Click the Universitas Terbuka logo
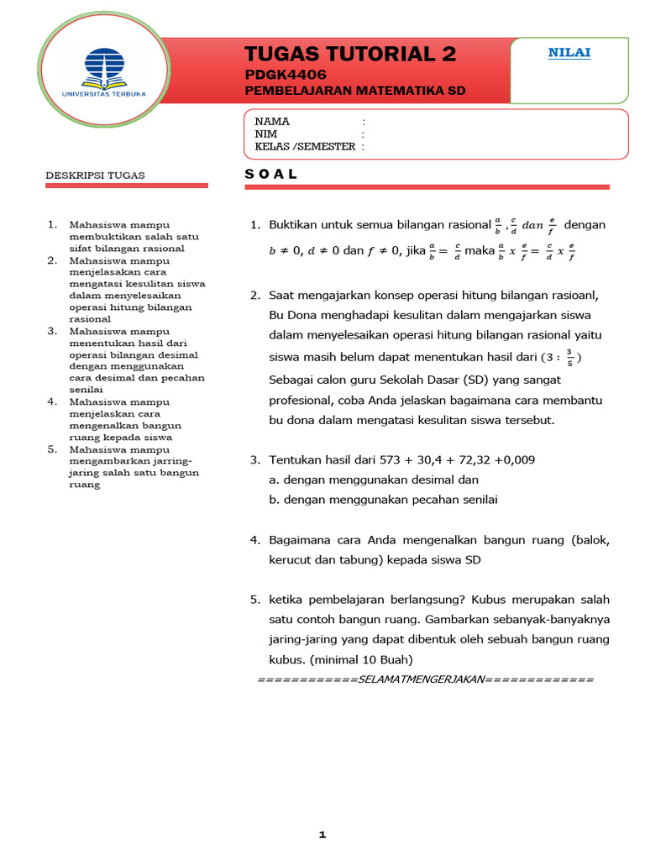[113, 71]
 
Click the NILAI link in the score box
[569, 53]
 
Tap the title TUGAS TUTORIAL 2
[350, 55]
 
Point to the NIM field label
[266, 134]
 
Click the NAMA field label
[272, 122]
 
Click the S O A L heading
[270, 174]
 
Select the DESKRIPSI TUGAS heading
[95, 176]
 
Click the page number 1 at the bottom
[322, 835]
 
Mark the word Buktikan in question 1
[295, 225]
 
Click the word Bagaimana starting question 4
[299, 539]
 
